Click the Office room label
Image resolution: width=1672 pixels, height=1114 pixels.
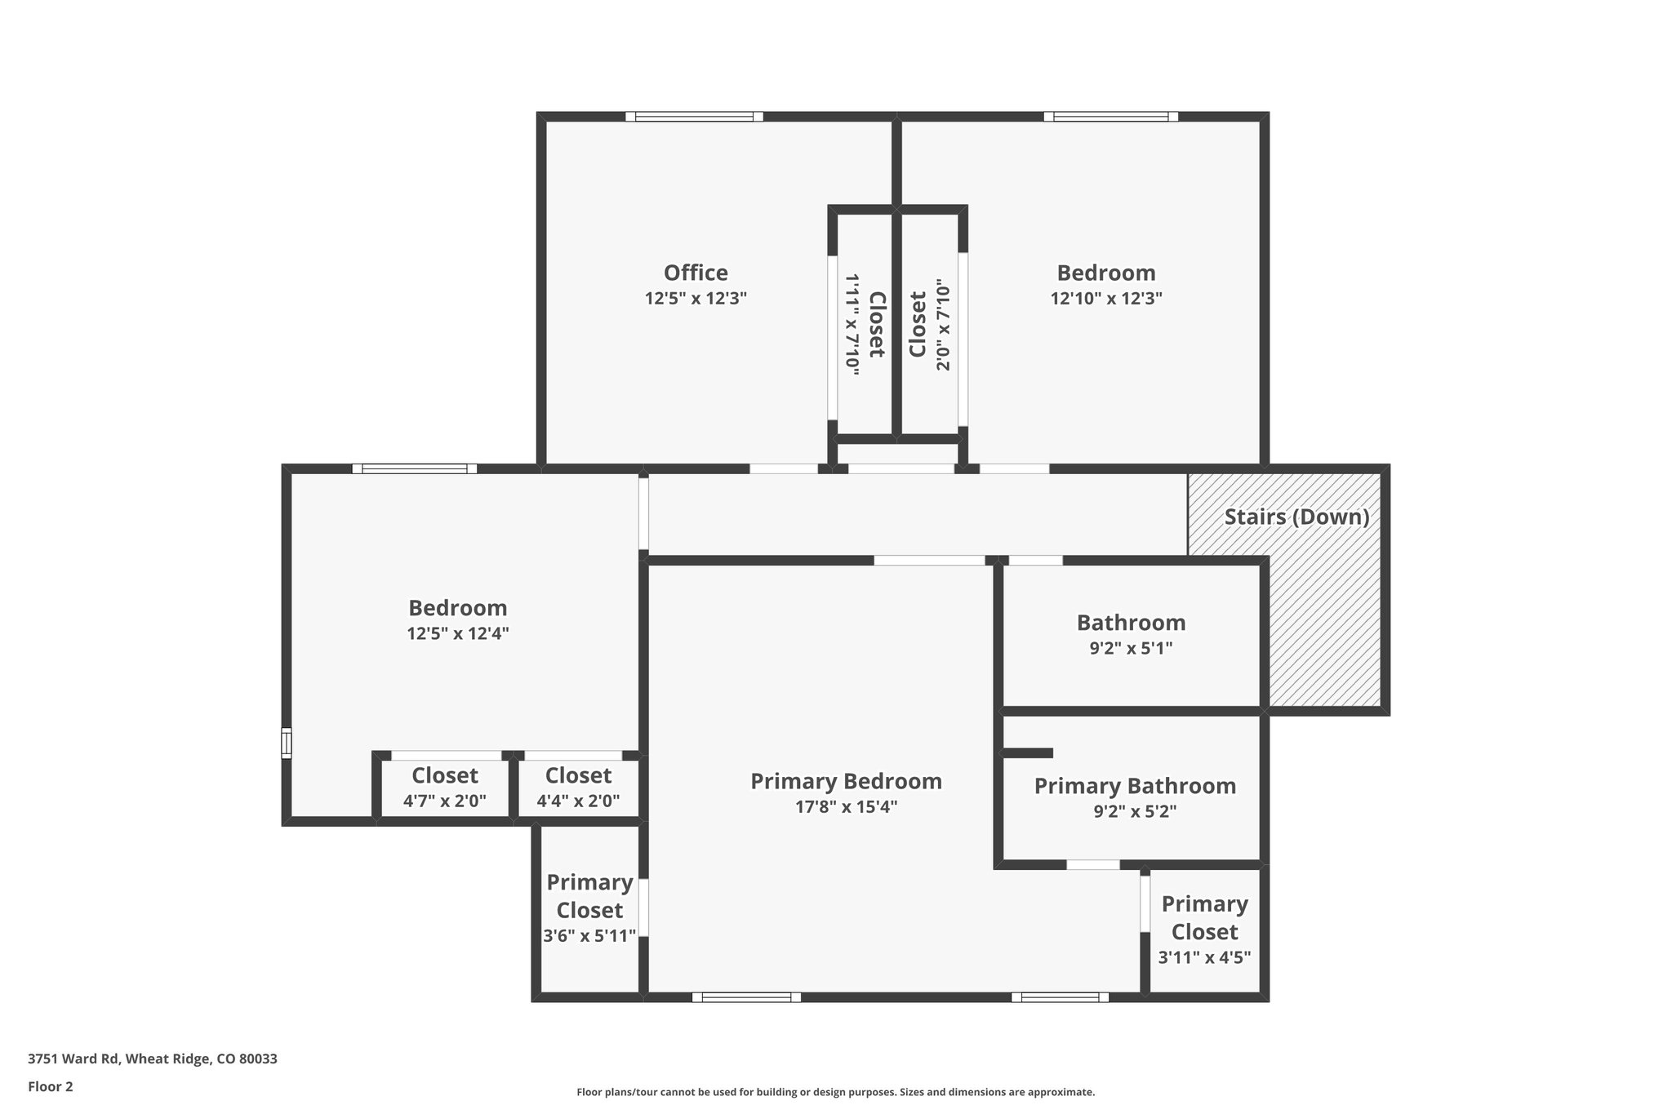[696, 273]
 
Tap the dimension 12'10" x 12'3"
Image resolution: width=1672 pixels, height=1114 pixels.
[1105, 299]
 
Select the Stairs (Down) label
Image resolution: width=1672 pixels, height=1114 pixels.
[1296, 517]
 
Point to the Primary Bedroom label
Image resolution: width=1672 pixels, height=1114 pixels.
[846, 781]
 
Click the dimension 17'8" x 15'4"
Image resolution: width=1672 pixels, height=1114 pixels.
[846, 807]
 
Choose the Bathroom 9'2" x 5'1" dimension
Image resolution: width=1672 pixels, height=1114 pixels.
[1131, 649]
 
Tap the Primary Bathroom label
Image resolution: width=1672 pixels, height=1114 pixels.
[1135, 786]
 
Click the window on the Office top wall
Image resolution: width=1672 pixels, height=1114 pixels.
[694, 117]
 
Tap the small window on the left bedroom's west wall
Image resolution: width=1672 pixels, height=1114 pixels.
[286, 743]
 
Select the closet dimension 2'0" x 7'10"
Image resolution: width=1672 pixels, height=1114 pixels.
[943, 326]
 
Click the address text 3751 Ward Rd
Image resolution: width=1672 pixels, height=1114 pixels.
[152, 1059]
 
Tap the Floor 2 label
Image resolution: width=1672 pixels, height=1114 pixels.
[51, 1086]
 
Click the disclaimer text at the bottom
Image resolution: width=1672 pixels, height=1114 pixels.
[835, 1092]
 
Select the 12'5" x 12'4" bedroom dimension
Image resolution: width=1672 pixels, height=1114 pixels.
[458, 634]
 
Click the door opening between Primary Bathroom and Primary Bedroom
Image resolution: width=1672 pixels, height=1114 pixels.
[1093, 864]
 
